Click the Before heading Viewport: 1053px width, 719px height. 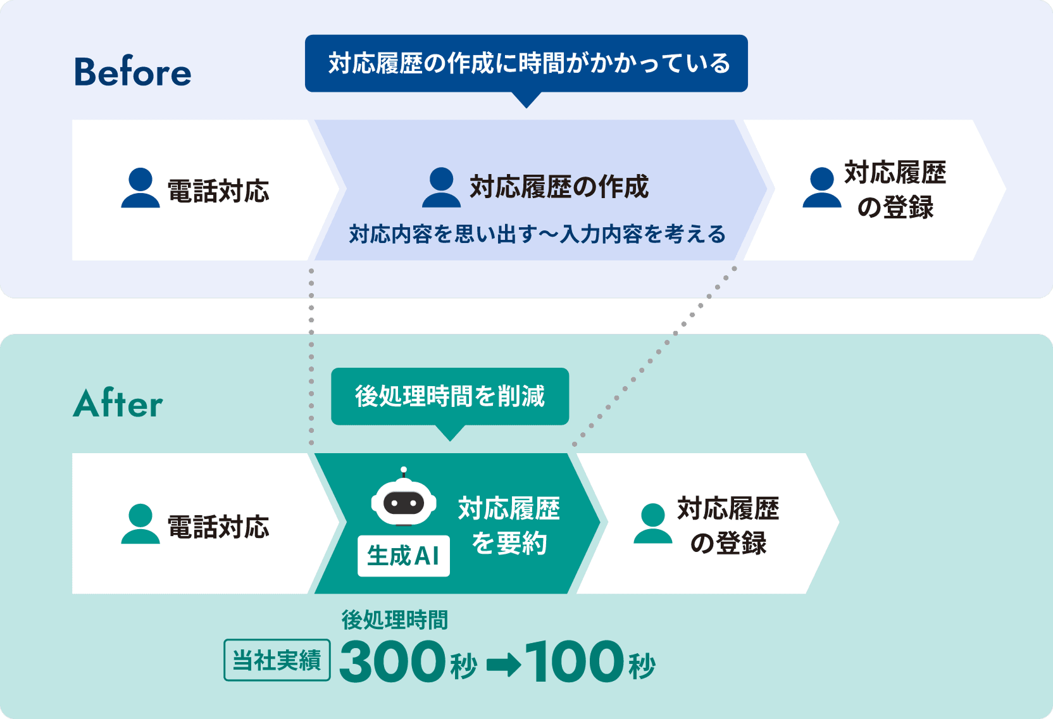(x=132, y=72)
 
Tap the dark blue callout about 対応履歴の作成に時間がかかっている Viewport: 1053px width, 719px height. (x=526, y=63)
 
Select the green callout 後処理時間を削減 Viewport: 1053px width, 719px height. (x=449, y=396)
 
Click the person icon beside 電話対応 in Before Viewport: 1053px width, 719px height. (x=140, y=188)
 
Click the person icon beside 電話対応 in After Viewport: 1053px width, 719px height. (x=140, y=524)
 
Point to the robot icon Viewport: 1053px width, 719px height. (x=404, y=500)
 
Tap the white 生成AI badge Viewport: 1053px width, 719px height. (x=403, y=556)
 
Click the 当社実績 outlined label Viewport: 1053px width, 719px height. (x=277, y=660)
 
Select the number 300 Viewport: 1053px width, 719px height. (x=392, y=661)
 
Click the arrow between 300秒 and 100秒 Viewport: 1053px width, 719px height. (x=504, y=665)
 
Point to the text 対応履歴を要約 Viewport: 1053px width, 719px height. (x=509, y=525)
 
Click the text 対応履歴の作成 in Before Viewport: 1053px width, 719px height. (x=559, y=187)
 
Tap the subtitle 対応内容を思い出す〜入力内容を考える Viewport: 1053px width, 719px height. (x=537, y=234)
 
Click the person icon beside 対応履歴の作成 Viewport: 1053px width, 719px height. (x=441, y=188)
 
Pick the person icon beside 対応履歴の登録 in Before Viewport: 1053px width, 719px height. (x=821, y=188)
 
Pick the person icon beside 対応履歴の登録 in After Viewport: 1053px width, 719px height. (x=652, y=524)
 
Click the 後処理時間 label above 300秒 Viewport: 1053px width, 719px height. (x=394, y=620)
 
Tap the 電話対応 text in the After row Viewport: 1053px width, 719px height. (x=218, y=527)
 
